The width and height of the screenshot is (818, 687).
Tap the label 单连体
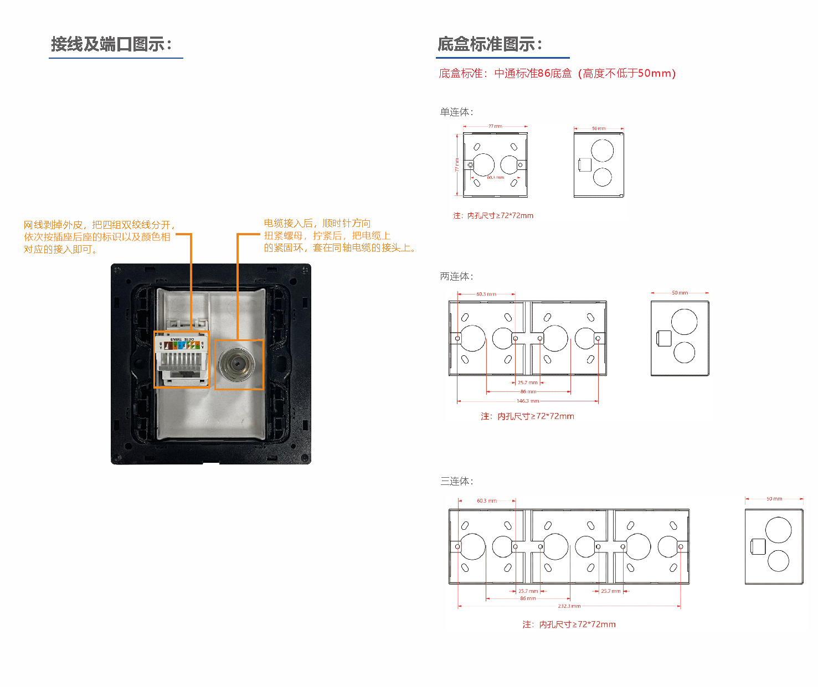click(456, 112)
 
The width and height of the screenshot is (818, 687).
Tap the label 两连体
click(456, 277)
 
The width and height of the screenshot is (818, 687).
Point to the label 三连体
click(456, 482)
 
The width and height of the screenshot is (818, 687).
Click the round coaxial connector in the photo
click(236, 365)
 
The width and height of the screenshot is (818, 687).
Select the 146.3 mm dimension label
click(527, 401)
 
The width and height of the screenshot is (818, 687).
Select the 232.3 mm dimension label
click(569, 606)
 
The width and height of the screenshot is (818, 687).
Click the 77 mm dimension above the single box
click(495, 126)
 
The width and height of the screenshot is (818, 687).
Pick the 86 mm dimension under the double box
click(528, 391)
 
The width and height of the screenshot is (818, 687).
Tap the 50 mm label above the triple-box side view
click(774, 499)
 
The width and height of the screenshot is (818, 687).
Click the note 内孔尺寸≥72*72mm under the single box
click(493, 216)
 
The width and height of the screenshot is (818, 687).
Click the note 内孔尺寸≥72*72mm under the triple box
click(569, 624)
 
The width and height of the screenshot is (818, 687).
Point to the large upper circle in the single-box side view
click(602, 151)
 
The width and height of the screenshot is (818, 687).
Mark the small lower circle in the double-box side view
click(684, 352)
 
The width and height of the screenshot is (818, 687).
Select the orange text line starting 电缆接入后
click(317, 224)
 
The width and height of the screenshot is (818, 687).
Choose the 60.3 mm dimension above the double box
click(486, 294)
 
